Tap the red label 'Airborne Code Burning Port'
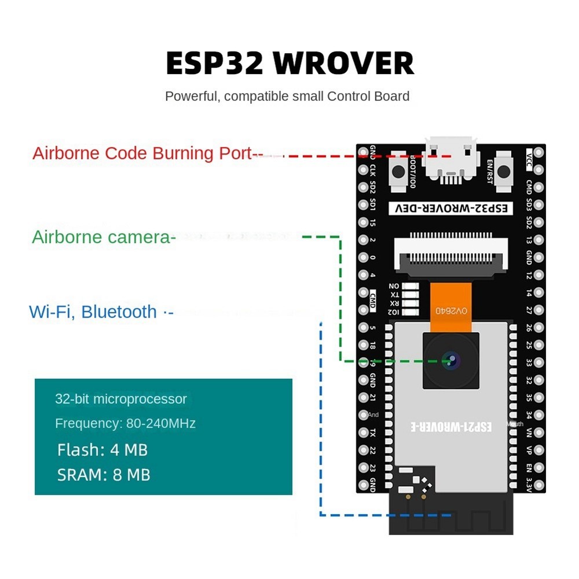pos(142,154)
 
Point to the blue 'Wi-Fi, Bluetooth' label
pos(93,312)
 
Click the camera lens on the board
pos(452,361)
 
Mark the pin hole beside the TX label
pos(363,433)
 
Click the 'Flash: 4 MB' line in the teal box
pos(102,450)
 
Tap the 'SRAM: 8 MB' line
pos(104,475)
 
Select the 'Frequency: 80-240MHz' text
pos(125,424)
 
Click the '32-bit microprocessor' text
pos(121,399)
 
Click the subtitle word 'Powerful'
pos(191,96)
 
